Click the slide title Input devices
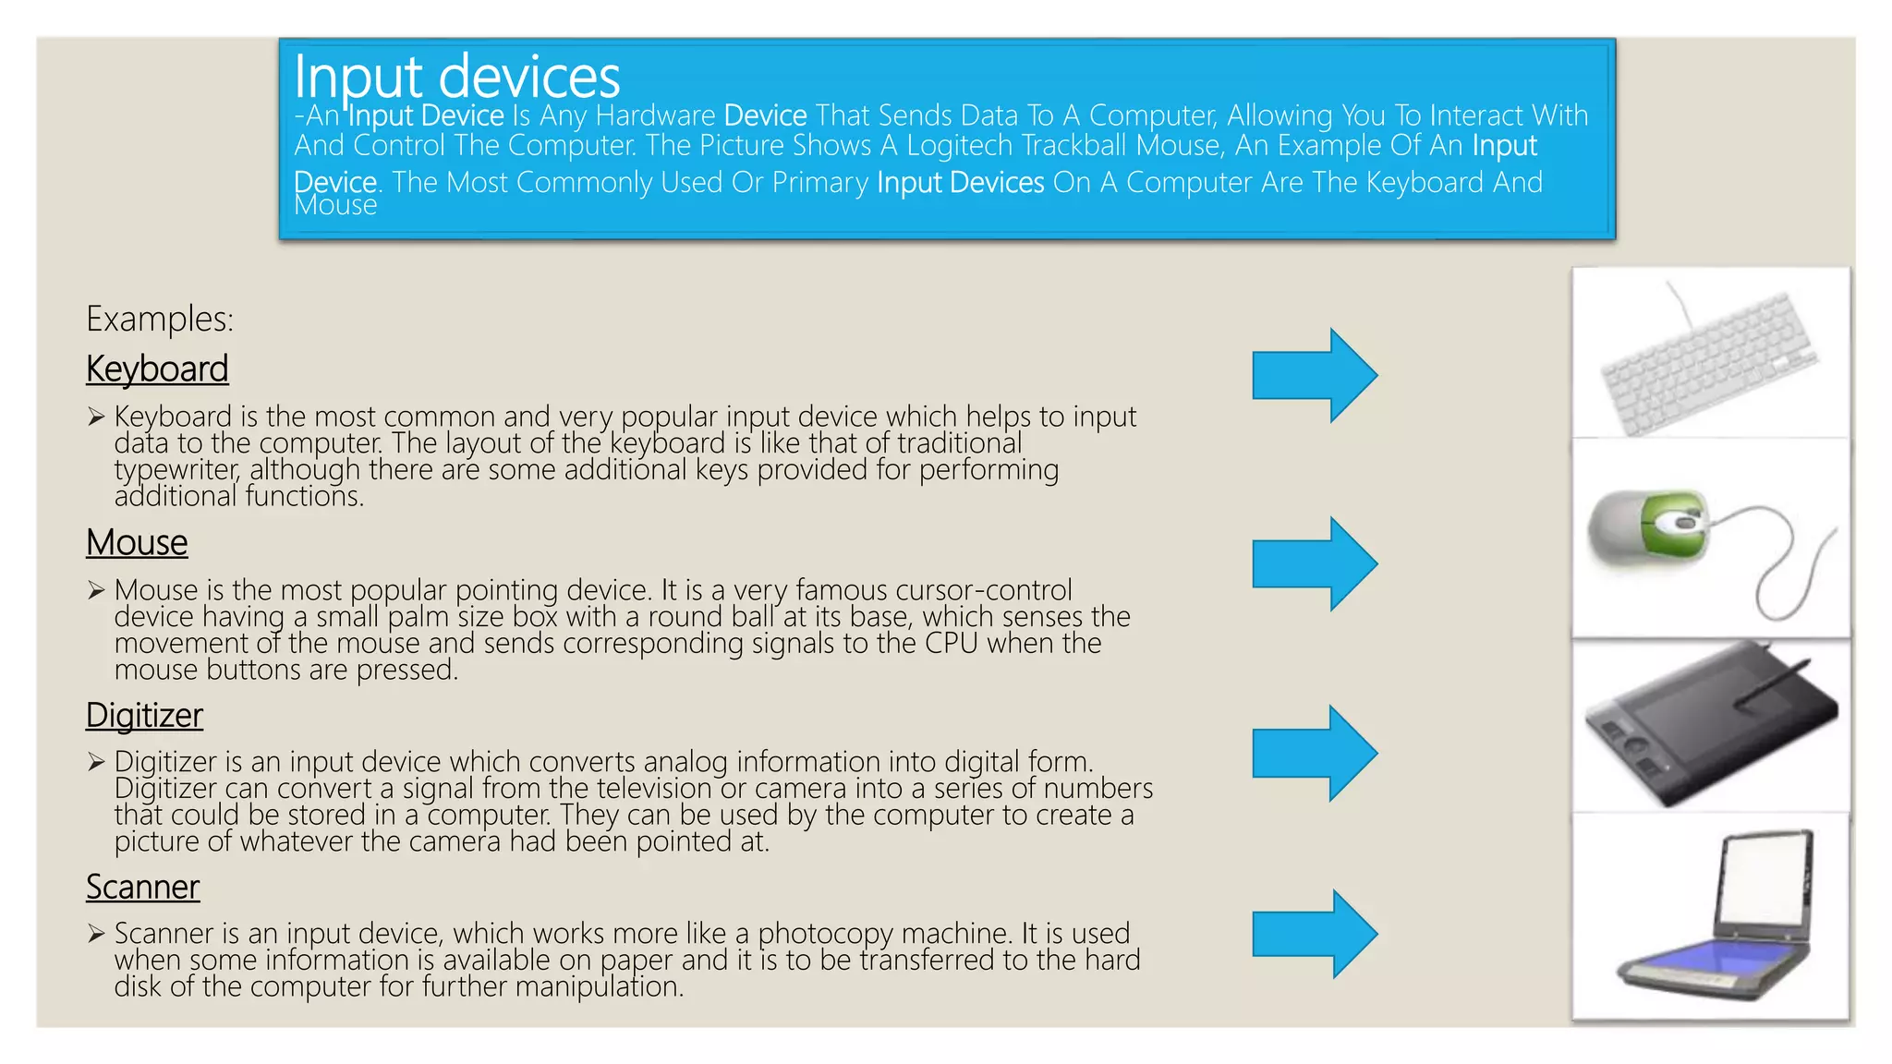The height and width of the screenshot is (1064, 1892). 456,77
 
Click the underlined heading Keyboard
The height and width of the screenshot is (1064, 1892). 157,369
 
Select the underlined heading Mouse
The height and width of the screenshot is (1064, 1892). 137,543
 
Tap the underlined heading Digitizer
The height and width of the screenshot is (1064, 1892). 144,716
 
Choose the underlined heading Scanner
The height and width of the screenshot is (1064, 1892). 142,888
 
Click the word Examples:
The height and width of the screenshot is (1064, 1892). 160,320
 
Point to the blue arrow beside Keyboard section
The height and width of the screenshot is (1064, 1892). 1314,376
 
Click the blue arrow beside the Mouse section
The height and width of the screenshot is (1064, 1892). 1314,564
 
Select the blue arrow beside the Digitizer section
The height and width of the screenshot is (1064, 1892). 1314,754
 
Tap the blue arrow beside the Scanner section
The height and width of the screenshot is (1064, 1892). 1314,935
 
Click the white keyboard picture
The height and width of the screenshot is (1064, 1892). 1709,365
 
